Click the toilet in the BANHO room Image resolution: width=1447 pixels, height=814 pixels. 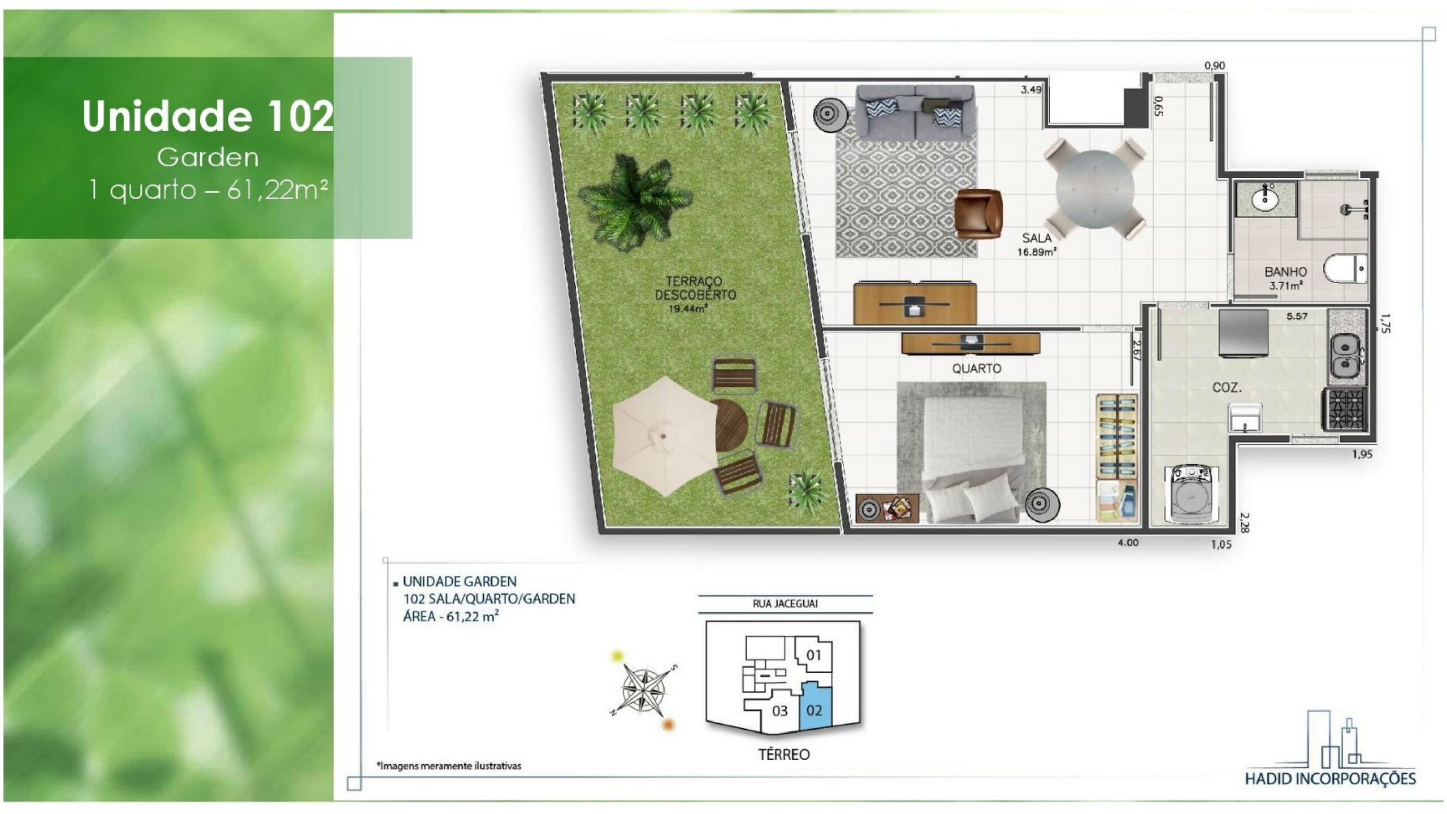click(1346, 269)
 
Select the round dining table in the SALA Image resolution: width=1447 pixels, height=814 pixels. click(1094, 189)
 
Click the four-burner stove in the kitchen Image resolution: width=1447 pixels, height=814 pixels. click(1344, 409)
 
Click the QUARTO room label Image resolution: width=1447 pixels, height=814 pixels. click(976, 369)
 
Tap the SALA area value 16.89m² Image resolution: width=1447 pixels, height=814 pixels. click(1037, 252)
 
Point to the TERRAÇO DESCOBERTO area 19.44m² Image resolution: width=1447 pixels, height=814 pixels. click(688, 309)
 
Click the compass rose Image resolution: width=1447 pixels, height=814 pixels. click(643, 690)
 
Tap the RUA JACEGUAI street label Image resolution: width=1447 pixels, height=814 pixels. click(785, 604)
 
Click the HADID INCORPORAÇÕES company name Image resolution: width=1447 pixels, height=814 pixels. click(1330, 779)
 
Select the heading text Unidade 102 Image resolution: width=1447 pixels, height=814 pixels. click(207, 116)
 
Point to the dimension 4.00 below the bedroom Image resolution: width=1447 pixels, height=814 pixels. click(1128, 543)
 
